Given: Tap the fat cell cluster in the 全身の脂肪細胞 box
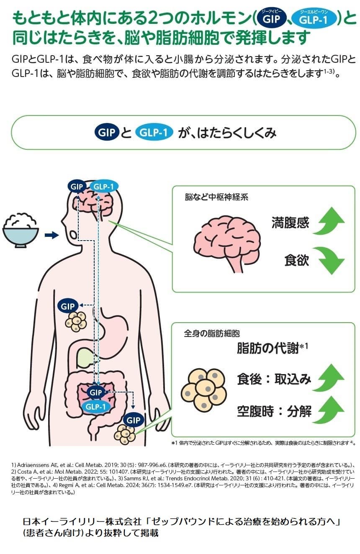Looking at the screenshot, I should [204, 390].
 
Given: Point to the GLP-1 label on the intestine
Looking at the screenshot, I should [96, 406].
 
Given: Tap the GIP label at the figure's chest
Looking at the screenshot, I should [68, 306].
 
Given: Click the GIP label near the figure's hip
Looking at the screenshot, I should [133, 420].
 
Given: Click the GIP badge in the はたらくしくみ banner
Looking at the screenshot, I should [108, 133].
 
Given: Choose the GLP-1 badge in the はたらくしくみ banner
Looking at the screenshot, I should [154, 133].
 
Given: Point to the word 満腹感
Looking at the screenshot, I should [290, 222].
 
